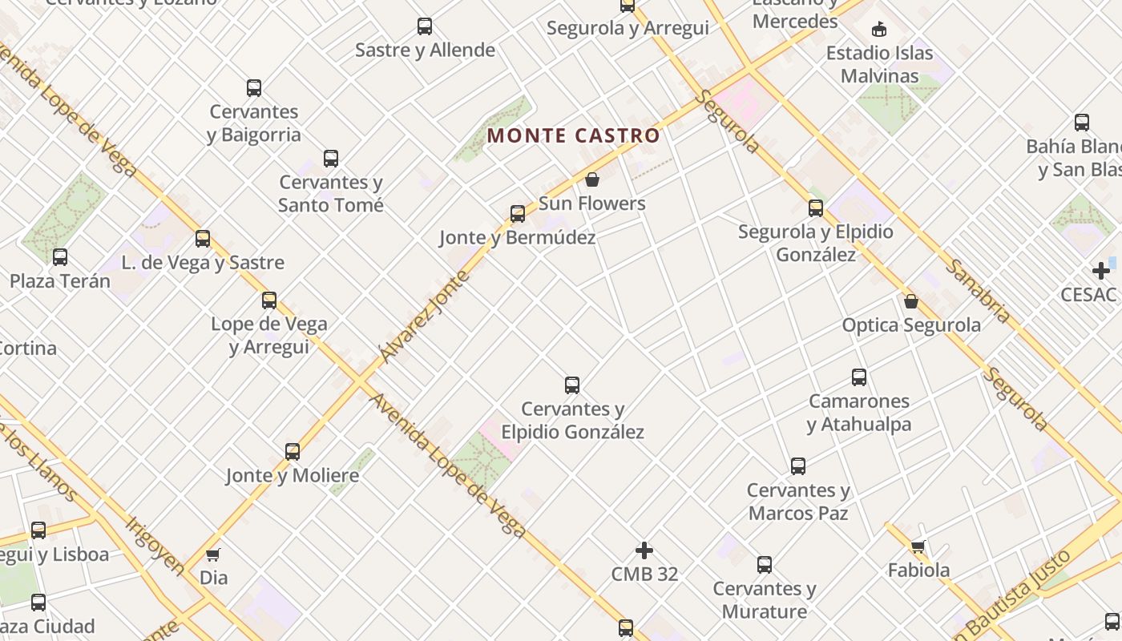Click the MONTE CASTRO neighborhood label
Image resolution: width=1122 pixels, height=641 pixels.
pyautogui.click(x=573, y=135)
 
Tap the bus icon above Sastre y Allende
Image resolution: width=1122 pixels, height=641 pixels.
pyautogui.click(x=425, y=26)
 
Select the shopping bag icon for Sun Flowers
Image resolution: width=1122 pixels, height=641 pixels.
pyautogui.click(x=592, y=179)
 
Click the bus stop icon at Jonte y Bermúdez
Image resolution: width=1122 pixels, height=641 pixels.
pyautogui.click(x=518, y=214)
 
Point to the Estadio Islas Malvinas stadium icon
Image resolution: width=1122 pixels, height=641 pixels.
pyautogui.click(x=879, y=30)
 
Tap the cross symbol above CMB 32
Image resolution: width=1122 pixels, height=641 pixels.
pyautogui.click(x=644, y=550)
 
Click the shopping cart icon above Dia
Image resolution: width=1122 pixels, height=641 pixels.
pyautogui.click(x=213, y=554)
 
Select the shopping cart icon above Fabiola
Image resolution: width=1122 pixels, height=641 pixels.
pyautogui.click(x=918, y=547)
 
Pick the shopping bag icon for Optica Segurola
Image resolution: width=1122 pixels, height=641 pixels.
pyautogui.click(x=911, y=301)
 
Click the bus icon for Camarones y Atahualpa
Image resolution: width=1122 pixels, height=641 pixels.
pyautogui.click(x=859, y=377)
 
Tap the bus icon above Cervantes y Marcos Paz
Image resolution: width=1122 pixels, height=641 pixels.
pyautogui.click(x=798, y=466)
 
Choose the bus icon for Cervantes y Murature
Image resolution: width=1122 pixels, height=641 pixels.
pyautogui.click(x=765, y=565)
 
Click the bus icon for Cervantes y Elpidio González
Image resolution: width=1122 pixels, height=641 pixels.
pyautogui.click(x=572, y=385)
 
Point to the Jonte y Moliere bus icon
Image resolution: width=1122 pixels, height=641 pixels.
pyautogui.click(x=293, y=452)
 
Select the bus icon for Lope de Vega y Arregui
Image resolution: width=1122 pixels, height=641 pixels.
pyautogui.click(x=269, y=300)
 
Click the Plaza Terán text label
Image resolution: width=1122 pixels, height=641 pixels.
pyautogui.click(x=60, y=281)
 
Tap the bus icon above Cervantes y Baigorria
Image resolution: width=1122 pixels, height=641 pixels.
pyautogui.click(x=254, y=88)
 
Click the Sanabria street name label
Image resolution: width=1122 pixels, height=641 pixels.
pyautogui.click(x=979, y=290)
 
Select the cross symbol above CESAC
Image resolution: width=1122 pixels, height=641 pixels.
pyautogui.click(x=1101, y=271)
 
